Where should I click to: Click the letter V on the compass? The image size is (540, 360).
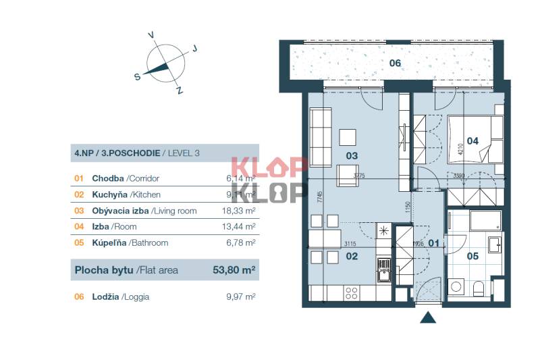click(151, 34)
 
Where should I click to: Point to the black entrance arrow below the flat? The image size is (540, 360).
click(427, 317)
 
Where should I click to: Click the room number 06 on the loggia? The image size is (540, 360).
click(396, 63)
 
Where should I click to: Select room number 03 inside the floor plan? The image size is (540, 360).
click(352, 155)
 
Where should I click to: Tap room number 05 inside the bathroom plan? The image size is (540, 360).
click(472, 256)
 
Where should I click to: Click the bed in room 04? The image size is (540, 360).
click(476, 139)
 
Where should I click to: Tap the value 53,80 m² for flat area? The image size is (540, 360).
click(234, 271)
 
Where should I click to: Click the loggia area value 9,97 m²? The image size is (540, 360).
click(241, 296)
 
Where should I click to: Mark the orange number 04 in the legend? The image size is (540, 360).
click(79, 227)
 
